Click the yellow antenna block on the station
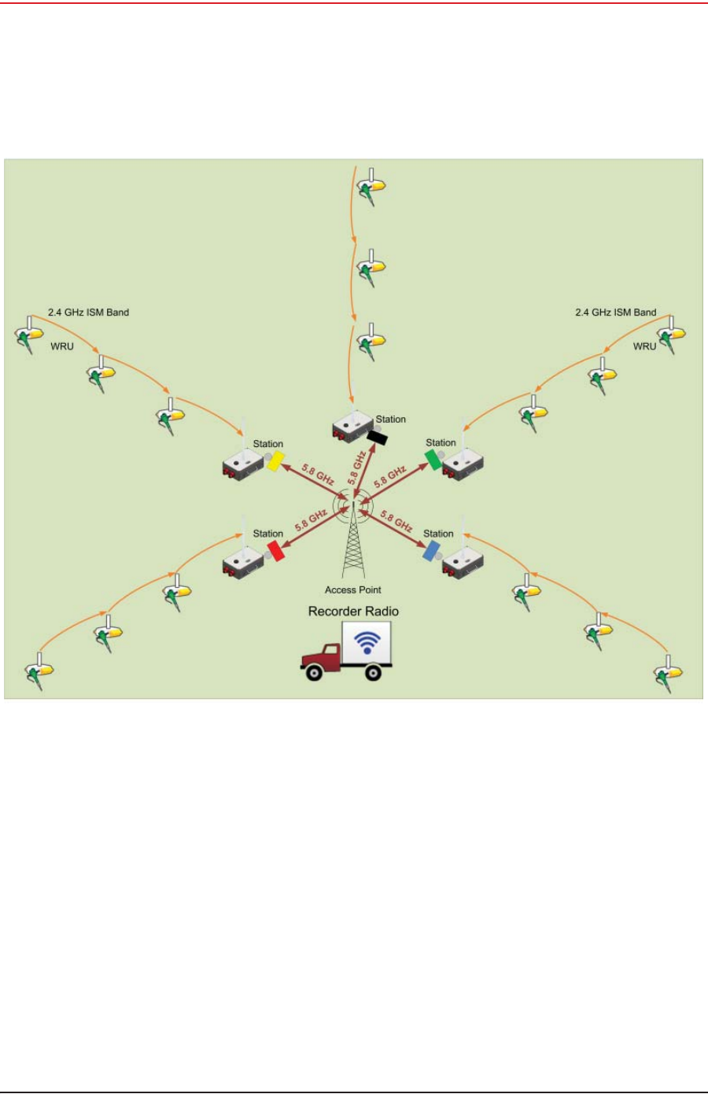[275, 461]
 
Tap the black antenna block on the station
[378, 437]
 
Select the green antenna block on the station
[433, 459]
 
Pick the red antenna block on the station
[276, 551]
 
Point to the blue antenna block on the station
[431, 550]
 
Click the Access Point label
[353, 590]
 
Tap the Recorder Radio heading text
[353, 612]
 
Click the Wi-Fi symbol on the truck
[367, 641]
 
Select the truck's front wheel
[314, 672]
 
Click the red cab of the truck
[322, 658]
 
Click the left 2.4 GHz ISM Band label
[88, 312]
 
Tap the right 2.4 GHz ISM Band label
[615, 312]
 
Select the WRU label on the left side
[62, 346]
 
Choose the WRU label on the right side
[644, 346]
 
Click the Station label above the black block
[391, 419]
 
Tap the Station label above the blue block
[438, 534]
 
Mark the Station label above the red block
[268, 534]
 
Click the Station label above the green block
[441, 443]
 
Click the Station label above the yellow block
[268, 444]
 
